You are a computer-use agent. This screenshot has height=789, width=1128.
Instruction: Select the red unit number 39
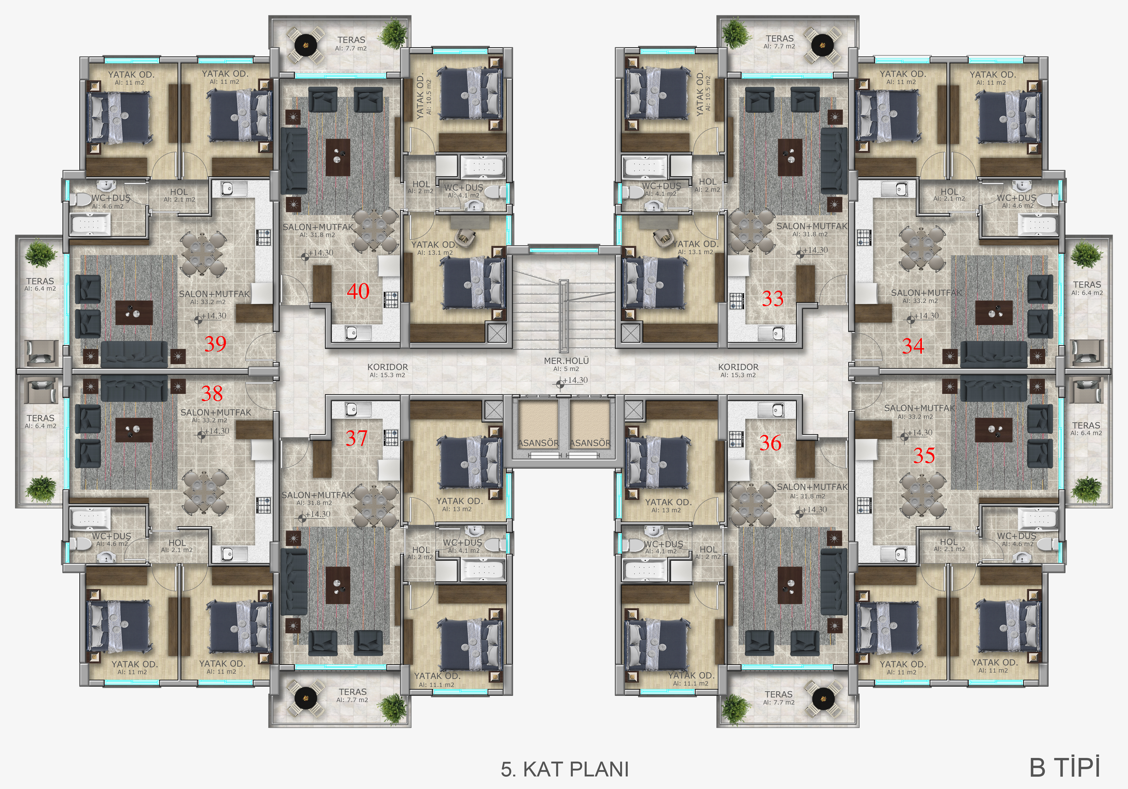pyautogui.click(x=215, y=344)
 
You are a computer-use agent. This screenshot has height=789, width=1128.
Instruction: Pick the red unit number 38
pyautogui.click(x=212, y=393)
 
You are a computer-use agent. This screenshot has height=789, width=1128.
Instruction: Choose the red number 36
pyautogui.click(x=770, y=443)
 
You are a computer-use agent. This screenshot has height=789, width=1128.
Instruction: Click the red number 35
pyautogui.click(x=924, y=455)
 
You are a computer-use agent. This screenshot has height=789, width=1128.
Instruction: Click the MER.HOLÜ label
pyautogui.click(x=566, y=361)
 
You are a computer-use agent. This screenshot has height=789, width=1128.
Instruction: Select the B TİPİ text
pyautogui.click(x=1065, y=767)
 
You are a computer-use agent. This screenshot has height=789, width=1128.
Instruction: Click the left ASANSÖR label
pyautogui.click(x=538, y=443)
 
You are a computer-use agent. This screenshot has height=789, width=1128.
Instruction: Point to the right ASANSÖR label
pyautogui.click(x=590, y=443)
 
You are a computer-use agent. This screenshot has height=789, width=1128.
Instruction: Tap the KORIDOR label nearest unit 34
pyautogui.click(x=738, y=367)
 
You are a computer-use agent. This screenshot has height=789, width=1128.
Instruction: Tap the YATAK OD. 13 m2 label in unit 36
pyautogui.click(x=668, y=502)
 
